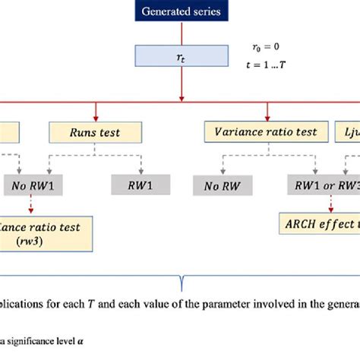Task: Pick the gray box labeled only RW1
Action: click(138, 185)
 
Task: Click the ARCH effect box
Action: click(319, 226)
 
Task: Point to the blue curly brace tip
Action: click(180, 286)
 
